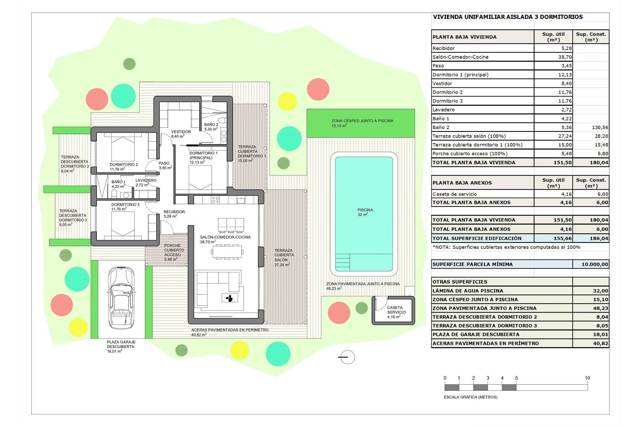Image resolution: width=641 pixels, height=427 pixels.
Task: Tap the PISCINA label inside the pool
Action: tap(365, 210)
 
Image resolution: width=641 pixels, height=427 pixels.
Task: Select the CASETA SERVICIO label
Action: tap(396, 310)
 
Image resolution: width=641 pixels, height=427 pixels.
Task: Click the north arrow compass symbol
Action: tap(347, 357)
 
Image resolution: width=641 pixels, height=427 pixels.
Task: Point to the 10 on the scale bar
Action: tap(587, 378)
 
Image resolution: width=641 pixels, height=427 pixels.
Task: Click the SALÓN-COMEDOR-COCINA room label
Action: tap(225, 237)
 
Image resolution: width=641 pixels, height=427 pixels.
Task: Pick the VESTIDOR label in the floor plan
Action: tap(181, 132)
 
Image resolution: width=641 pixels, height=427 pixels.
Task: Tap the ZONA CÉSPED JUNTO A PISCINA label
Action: tap(362, 121)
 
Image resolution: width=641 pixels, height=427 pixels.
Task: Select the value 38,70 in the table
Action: tap(565, 57)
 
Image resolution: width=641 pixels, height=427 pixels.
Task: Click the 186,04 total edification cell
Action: tap(599, 239)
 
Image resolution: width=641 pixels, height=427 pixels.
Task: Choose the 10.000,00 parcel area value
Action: tap(595, 264)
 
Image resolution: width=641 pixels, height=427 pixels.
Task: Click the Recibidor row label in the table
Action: tap(444, 48)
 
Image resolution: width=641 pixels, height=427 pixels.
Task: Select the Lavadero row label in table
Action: tap(444, 110)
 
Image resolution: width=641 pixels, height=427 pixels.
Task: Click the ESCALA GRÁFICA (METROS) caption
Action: tap(471, 397)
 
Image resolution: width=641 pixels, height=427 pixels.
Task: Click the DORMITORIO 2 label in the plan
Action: tap(124, 164)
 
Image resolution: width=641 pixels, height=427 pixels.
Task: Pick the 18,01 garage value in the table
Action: tap(600, 335)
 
